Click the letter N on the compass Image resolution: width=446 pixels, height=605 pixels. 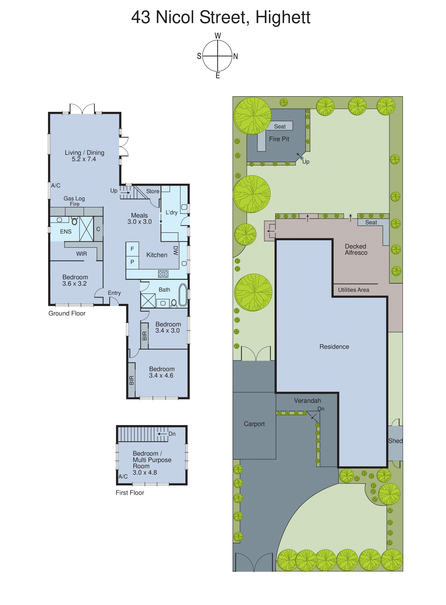pyautogui.click(x=235, y=56)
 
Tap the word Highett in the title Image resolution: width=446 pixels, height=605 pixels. pyautogui.click(x=283, y=17)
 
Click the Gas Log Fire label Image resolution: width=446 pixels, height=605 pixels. pyautogui.click(x=74, y=201)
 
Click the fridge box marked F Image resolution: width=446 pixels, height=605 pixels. pyautogui.click(x=132, y=249)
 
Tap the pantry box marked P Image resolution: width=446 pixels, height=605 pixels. pyautogui.click(x=132, y=262)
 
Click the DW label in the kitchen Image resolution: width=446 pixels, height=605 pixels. pyautogui.click(x=176, y=250)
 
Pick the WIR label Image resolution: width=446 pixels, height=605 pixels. pyautogui.click(x=81, y=254)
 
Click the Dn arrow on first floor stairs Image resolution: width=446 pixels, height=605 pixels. pyautogui.click(x=162, y=434)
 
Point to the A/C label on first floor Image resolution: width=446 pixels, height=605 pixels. pyautogui.click(x=123, y=476)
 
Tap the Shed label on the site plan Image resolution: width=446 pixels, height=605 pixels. pyautogui.click(x=395, y=441)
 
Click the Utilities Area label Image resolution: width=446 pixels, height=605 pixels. pyautogui.click(x=353, y=290)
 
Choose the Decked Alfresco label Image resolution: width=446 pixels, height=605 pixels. pyautogui.click(x=356, y=249)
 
